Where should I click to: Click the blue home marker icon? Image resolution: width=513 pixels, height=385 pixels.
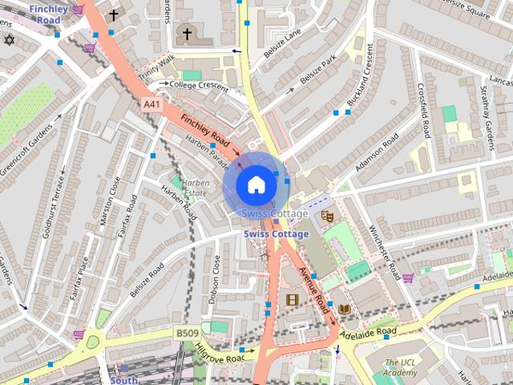(x=255, y=184)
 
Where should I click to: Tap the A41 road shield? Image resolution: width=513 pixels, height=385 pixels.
(x=151, y=103)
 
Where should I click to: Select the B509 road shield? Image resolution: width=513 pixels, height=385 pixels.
(x=187, y=333)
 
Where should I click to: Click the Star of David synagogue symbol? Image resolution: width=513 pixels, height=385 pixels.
(x=10, y=40)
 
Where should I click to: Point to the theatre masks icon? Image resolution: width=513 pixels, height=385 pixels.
(x=326, y=216)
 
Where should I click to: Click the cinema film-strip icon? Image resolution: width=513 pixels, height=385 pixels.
(x=291, y=300)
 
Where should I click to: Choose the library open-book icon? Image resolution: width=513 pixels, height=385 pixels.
(x=344, y=309)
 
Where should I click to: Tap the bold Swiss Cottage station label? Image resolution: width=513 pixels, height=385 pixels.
(x=275, y=234)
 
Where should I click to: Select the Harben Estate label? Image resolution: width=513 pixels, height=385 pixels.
(x=196, y=188)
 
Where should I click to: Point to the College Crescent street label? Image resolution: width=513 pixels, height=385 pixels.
(x=199, y=83)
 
